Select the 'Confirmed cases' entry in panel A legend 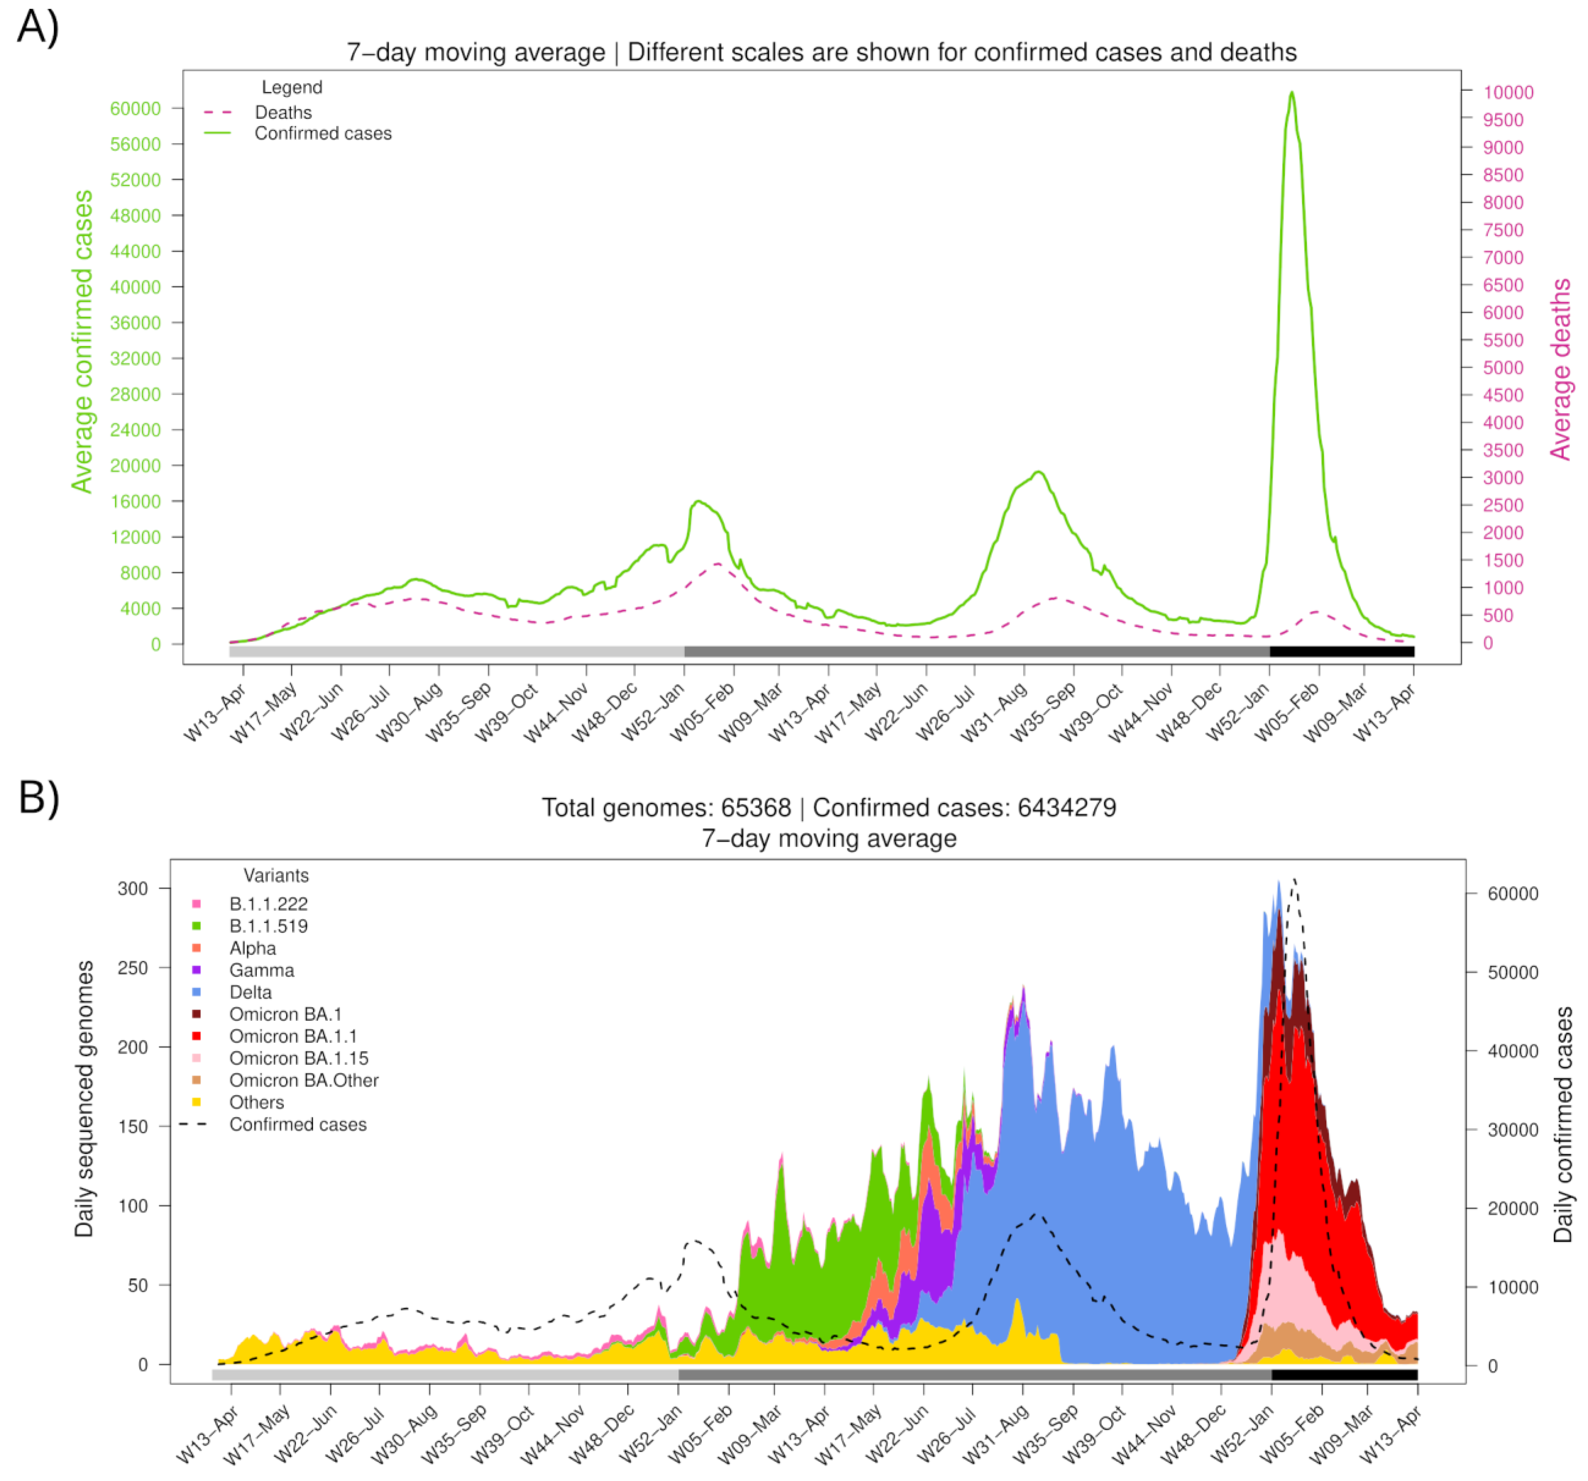click(x=323, y=133)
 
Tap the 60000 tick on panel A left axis click(x=135, y=109)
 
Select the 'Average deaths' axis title click(x=1560, y=369)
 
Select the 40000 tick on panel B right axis click(x=1512, y=1051)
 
